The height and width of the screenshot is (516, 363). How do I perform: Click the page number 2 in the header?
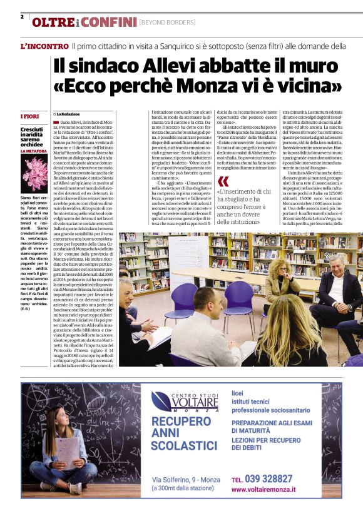click(x=22, y=17)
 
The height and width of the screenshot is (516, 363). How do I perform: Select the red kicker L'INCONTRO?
click(x=43, y=46)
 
